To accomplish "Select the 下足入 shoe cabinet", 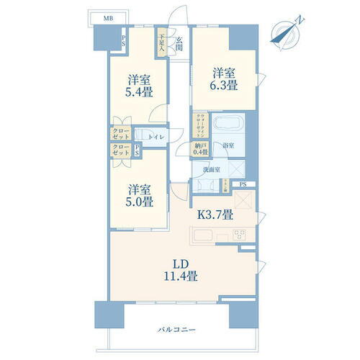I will pos(163,44).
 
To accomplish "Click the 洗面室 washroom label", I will pos(210,171).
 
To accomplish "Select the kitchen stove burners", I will pos(239,237).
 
